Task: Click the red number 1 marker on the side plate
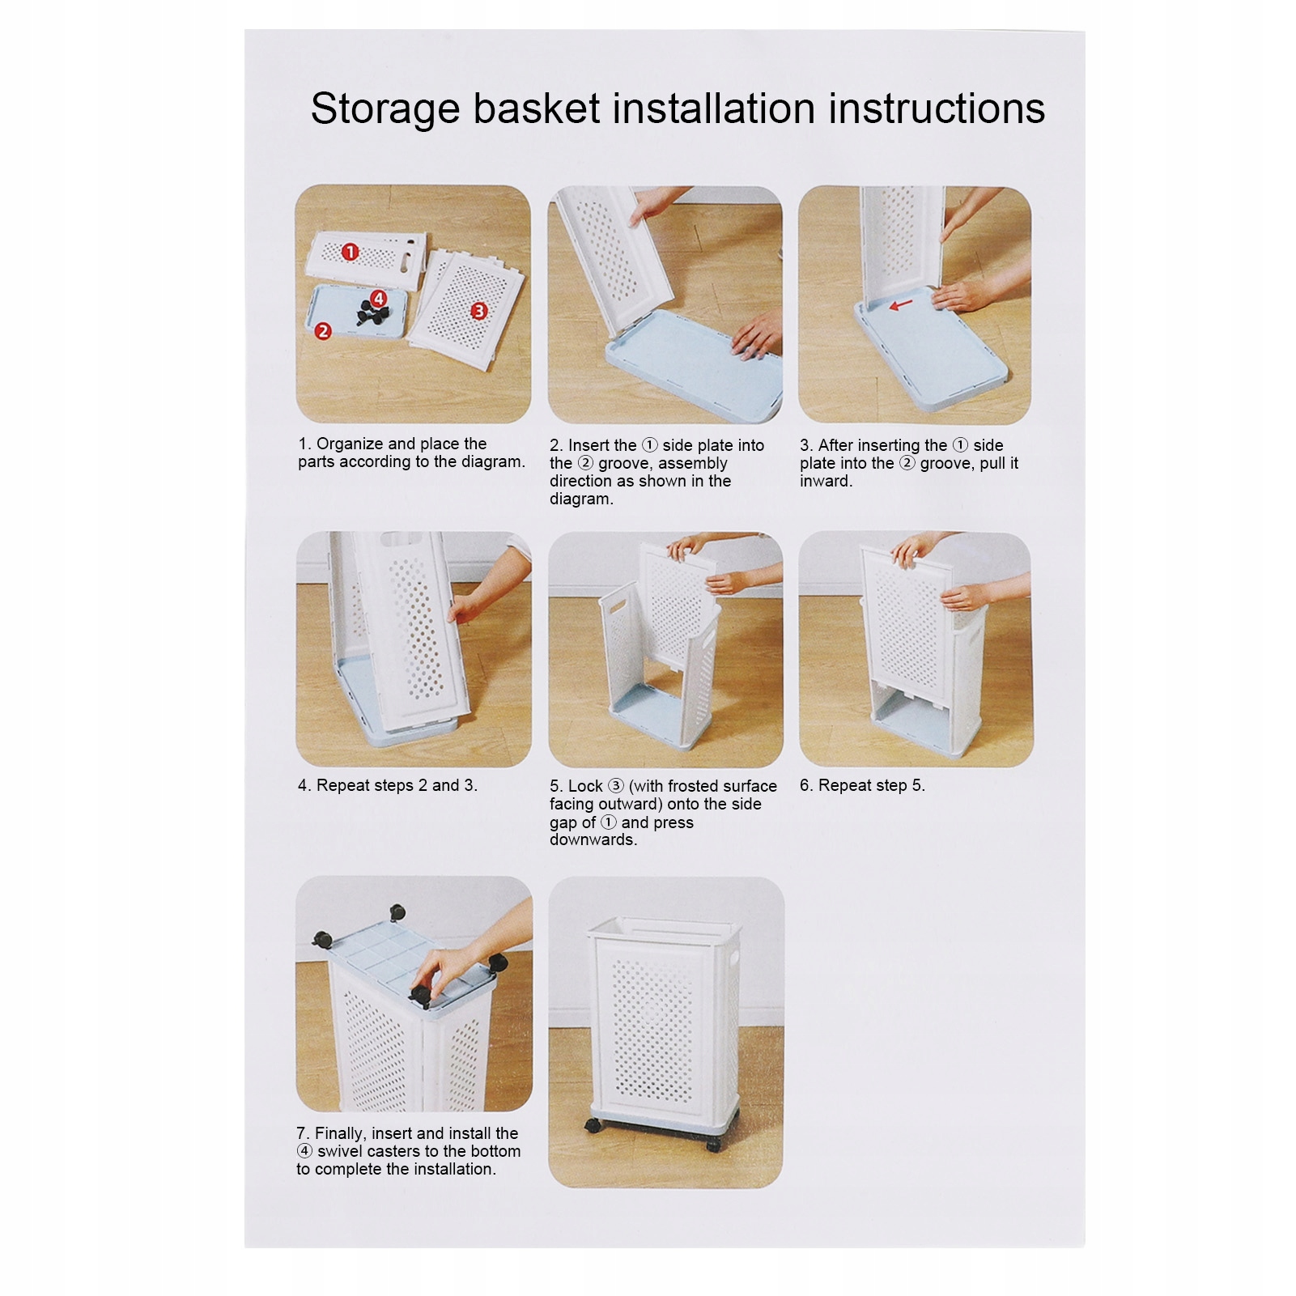350,252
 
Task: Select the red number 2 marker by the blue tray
323,330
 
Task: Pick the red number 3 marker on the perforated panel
479,311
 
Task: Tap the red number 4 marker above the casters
379,297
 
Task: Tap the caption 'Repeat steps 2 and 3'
388,785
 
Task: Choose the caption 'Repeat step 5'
862,785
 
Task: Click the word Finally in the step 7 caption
339,1134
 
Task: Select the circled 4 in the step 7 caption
304,1151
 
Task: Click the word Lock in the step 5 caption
585,786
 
